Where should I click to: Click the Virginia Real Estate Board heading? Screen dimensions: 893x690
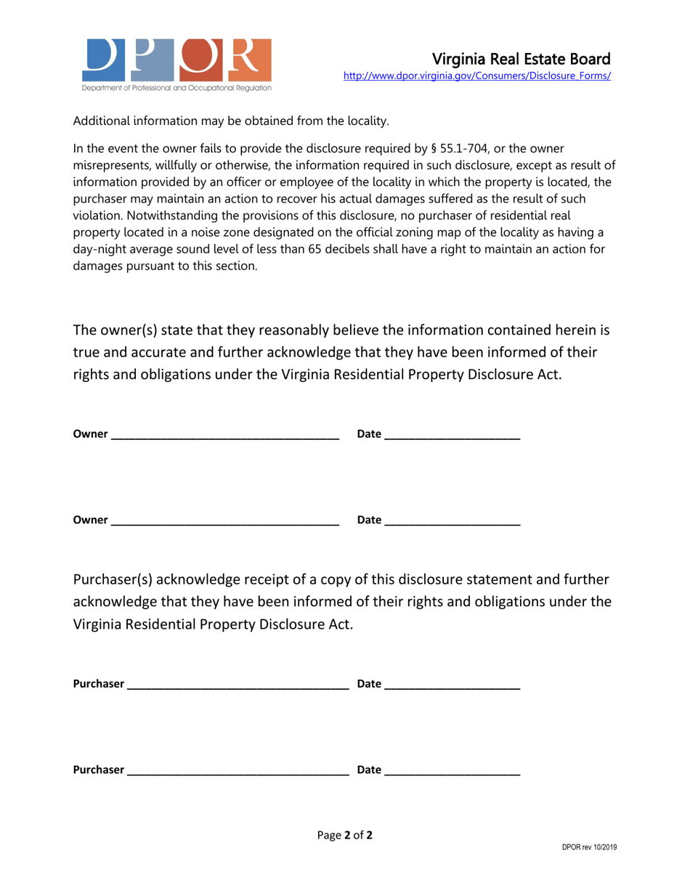point(521,59)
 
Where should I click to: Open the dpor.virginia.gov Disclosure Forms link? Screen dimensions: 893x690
point(476,76)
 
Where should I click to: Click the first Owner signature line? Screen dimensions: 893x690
point(225,436)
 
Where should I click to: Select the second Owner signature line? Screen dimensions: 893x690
point(225,521)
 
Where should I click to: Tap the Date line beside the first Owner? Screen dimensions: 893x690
point(452,436)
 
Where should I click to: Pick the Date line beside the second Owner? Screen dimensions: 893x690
point(452,521)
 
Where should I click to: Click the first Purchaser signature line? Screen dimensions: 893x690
point(238,685)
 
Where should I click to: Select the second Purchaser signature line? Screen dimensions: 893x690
point(238,771)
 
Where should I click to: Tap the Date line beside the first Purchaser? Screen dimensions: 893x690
point(452,685)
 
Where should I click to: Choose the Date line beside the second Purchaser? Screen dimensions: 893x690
point(452,771)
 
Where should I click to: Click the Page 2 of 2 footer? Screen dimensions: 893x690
point(345,835)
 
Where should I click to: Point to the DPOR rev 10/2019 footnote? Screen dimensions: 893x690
point(589,847)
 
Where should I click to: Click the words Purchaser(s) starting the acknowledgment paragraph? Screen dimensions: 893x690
point(113,579)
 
